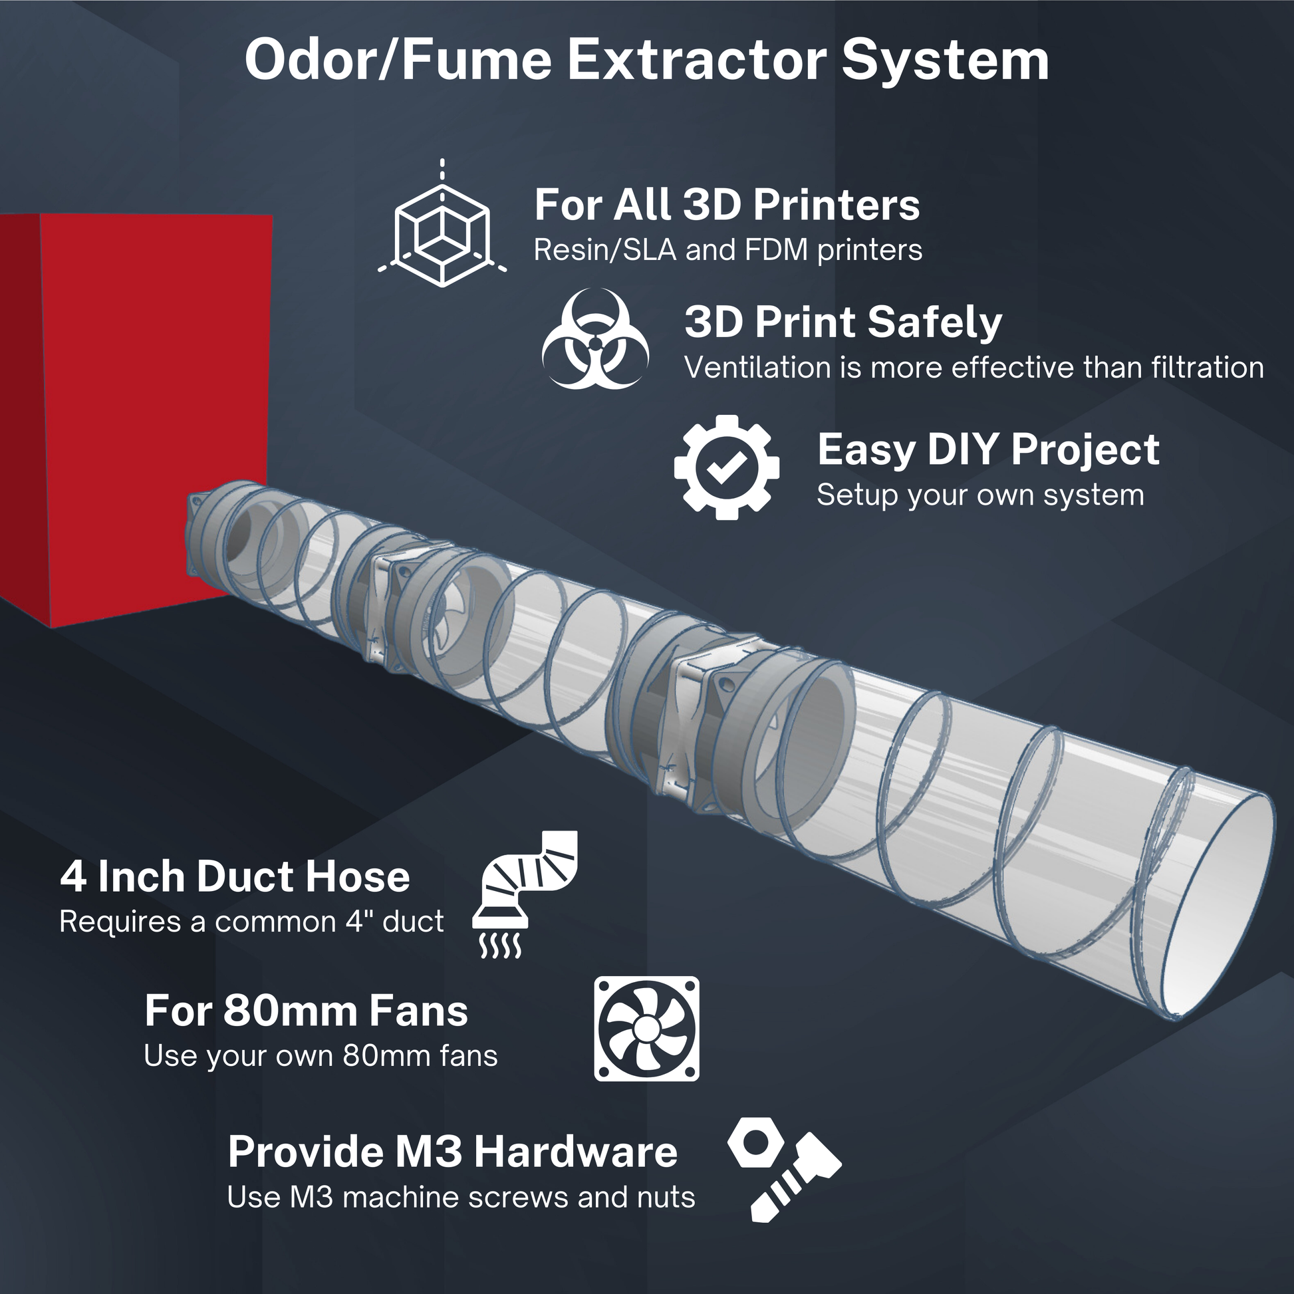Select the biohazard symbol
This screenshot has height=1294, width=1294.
594,339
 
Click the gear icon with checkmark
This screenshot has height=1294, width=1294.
727,467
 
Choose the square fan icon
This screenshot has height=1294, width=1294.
646,1028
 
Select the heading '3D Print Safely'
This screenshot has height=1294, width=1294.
842,322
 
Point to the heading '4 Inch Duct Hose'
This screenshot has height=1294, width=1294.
235,876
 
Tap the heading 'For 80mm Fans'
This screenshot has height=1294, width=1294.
306,1011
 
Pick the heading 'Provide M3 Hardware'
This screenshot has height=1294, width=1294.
453,1151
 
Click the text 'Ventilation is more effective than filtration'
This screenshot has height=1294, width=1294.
973,368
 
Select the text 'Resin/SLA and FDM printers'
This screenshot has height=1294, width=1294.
727,251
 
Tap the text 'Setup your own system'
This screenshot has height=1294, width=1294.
980,495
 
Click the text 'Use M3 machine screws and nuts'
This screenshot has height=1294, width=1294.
461,1197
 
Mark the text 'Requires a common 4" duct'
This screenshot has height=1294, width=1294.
251,922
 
